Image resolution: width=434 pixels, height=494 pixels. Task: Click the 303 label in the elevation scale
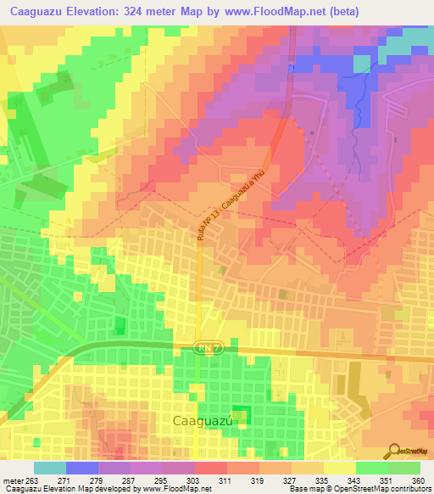[178, 480]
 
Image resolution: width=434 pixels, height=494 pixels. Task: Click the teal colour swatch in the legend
[50, 468]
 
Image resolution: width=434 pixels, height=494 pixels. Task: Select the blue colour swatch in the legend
[82, 468]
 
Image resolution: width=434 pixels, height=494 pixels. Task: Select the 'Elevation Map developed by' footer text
[91, 489]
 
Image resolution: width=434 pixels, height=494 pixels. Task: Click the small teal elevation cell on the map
[362, 64]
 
